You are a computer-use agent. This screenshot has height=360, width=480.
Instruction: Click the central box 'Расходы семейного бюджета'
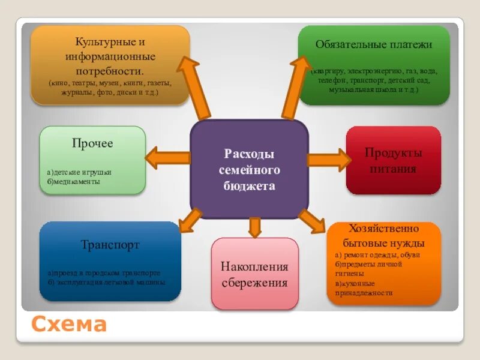point(249,169)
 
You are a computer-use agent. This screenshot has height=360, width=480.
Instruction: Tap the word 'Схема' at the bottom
point(69,325)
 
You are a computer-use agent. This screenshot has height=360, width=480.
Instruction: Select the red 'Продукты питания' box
point(393,160)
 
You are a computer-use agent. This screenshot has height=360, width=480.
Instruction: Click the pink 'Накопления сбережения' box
point(254,274)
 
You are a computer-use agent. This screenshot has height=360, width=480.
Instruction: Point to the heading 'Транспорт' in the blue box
point(110,245)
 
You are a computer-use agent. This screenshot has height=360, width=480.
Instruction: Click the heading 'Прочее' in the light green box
point(92,143)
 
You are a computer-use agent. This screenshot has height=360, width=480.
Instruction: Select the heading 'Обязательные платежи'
point(374,44)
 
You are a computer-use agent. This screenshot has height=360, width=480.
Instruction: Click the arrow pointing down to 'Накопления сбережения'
point(255,227)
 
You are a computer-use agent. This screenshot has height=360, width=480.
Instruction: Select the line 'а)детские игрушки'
point(79,172)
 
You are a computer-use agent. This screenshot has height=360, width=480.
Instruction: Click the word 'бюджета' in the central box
point(249,186)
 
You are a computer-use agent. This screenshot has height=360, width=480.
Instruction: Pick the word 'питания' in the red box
point(393,169)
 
